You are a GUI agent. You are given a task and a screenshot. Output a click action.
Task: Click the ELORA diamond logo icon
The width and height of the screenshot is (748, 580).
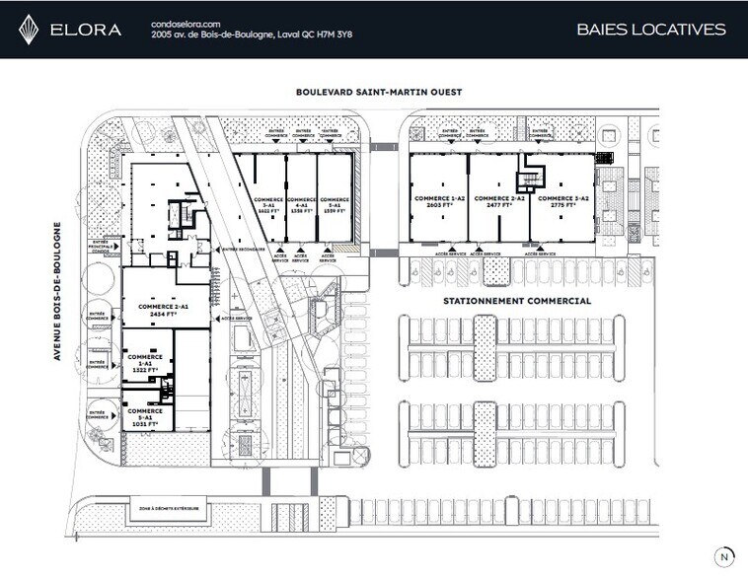tap(30, 30)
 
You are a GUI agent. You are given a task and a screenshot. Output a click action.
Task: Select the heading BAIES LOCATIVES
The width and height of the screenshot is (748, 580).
tap(650, 30)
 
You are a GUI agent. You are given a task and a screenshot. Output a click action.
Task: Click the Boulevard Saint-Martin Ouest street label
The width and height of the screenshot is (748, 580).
tap(379, 92)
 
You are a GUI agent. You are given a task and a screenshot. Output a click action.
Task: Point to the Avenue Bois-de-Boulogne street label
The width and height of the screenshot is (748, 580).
tap(58, 290)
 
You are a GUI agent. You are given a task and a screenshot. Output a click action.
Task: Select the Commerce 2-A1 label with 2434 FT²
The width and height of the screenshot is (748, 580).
tap(163, 310)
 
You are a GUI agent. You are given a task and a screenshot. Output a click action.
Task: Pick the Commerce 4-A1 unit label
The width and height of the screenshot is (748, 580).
tap(301, 205)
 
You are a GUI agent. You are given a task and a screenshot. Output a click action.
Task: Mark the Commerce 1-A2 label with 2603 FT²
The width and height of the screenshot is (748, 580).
tap(438, 202)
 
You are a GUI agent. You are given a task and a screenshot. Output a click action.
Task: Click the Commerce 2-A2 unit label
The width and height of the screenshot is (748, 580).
tap(498, 202)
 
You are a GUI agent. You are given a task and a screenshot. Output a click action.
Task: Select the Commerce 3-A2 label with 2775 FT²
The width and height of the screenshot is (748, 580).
tap(561, 202)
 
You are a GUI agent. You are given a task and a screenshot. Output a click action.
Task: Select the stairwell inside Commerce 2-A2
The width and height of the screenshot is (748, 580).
tap(532, 177)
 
